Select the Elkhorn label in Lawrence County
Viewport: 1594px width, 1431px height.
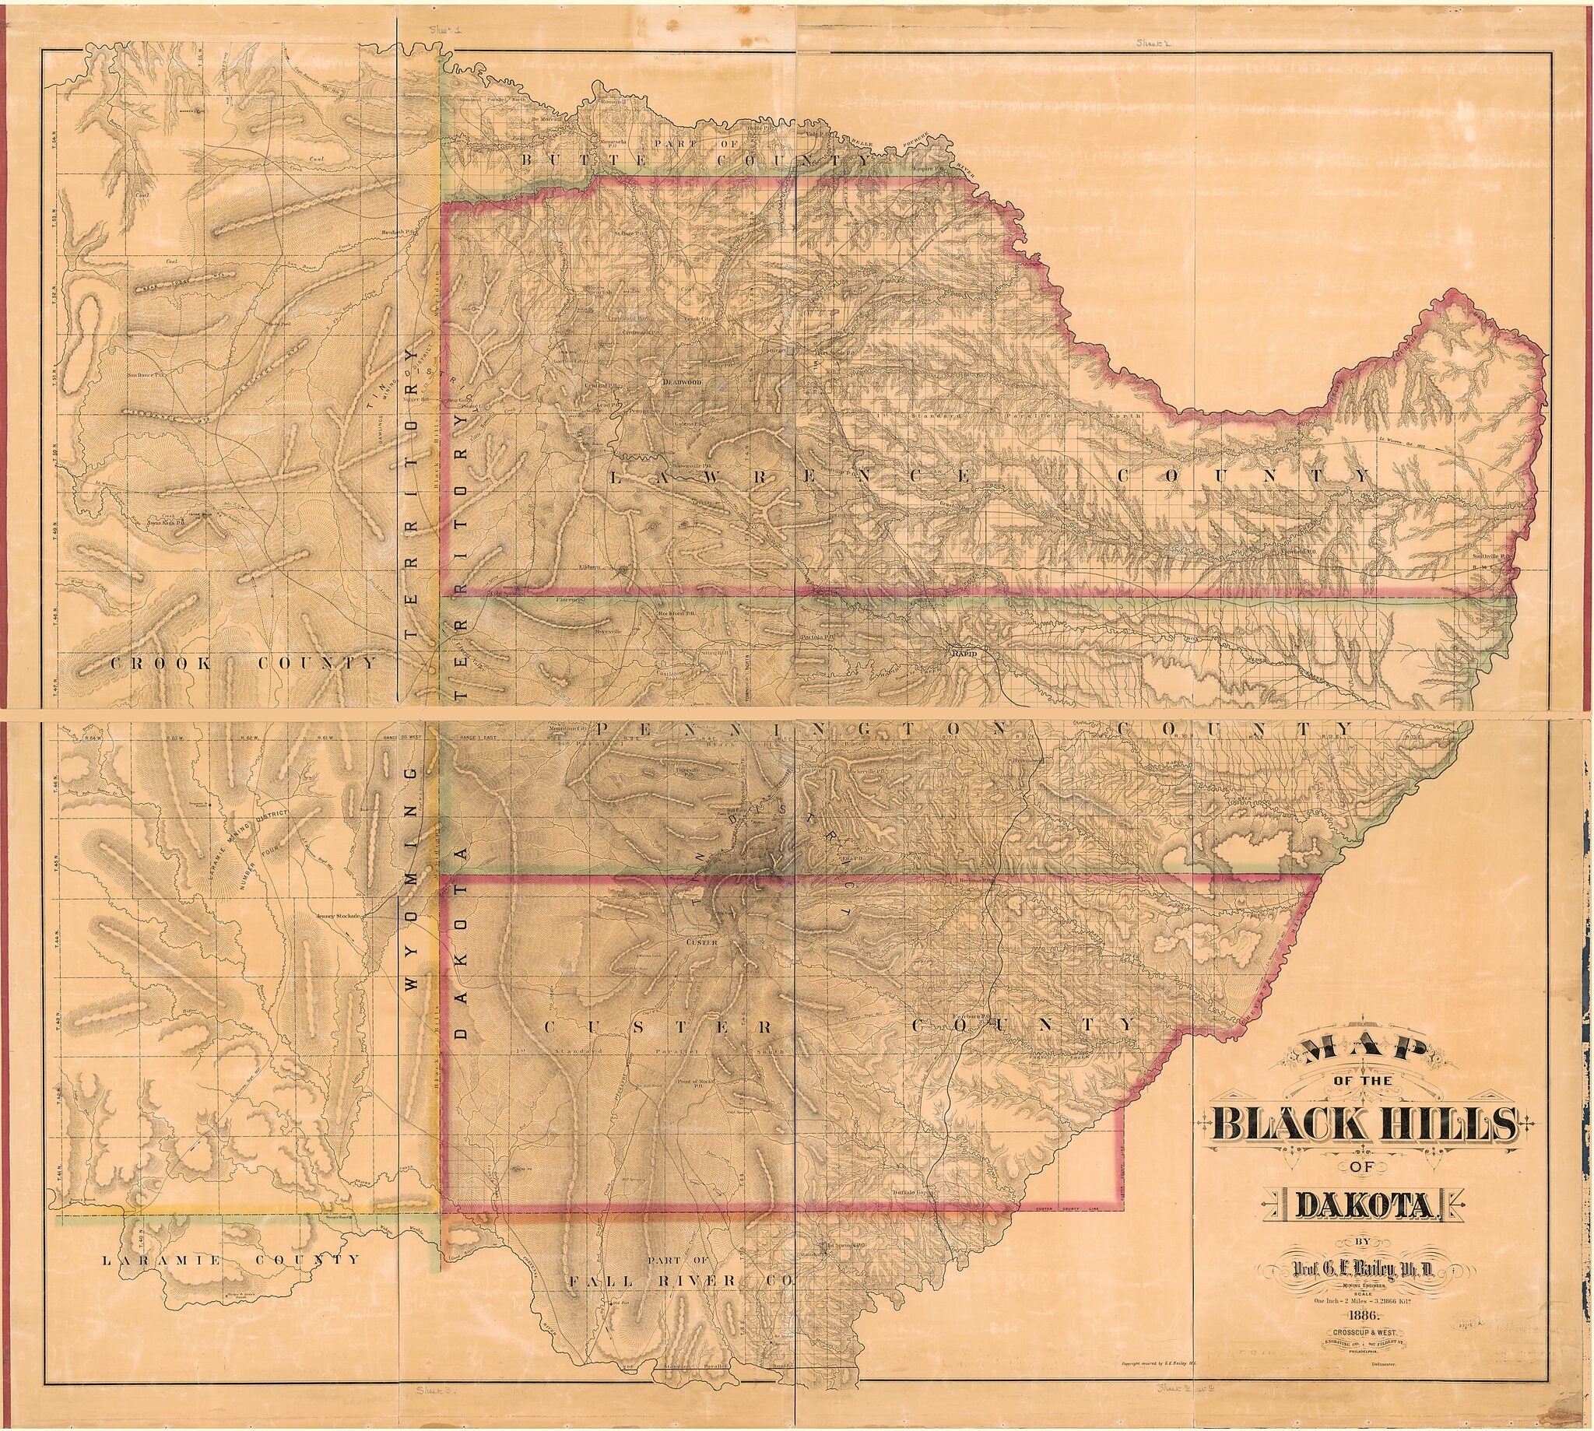[589, 566]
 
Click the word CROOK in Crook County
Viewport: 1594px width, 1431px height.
[160, 664]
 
